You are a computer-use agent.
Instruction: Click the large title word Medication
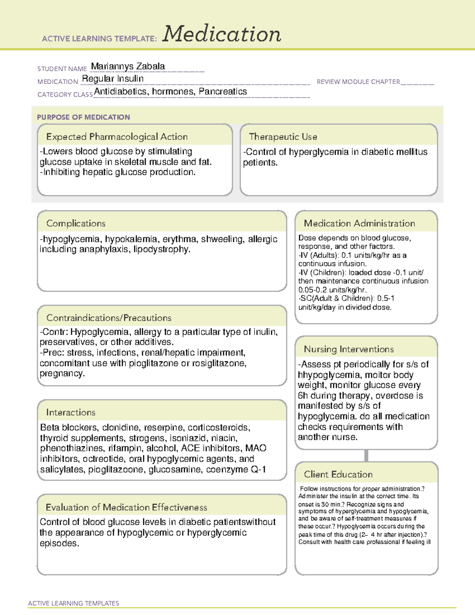[222, 34]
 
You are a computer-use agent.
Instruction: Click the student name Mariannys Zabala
[128, 66]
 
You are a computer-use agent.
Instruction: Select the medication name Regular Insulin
[113, 79]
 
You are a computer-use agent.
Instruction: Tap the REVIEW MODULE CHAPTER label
[358, 82]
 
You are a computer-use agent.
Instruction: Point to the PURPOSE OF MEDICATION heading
[83, 117]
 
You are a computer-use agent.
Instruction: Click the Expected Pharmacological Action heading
[117, 137]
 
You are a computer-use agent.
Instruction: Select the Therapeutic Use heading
[283, 137]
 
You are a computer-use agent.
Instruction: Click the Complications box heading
[76, 223]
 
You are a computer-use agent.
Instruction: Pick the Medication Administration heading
[359, 223]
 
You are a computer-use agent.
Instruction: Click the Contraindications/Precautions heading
[108, 318]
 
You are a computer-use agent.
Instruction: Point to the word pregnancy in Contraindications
[62, 373]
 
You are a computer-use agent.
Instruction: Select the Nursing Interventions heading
[348, 349]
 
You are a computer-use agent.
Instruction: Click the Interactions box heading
[70, 413]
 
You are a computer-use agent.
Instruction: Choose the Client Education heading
[338, 474]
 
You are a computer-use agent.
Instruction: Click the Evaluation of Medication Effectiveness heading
[126, 507]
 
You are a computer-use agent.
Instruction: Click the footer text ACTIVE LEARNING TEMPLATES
[73, 603]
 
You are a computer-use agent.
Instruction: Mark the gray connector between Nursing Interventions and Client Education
[366, 455]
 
